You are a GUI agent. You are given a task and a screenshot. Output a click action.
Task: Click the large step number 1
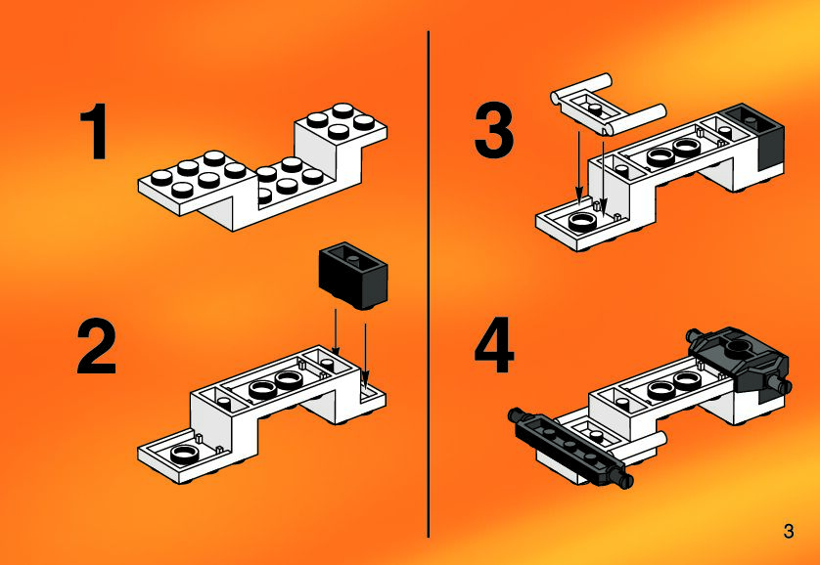(95, 131)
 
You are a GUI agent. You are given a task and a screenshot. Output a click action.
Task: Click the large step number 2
(96, 346)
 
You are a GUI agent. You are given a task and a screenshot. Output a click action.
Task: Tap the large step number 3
(494, 131)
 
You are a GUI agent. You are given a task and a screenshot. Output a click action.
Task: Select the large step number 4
(494, 345)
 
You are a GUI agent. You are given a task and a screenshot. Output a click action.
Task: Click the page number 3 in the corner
(789, 532)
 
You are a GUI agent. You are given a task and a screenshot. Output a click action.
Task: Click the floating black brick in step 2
(353, 276)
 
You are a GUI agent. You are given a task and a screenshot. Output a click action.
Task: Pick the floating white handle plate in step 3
(609, 105)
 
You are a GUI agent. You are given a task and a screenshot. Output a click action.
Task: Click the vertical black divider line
(429, 283)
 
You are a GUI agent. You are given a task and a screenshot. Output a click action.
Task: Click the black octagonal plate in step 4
(739, 360)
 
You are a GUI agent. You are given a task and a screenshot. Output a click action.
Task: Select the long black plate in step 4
(570, 448)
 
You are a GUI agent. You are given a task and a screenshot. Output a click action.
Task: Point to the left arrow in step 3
(579, 167)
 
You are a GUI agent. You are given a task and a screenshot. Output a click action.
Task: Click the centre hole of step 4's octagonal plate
(738, 345)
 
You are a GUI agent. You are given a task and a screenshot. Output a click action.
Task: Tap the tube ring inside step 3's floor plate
(580, 223)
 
